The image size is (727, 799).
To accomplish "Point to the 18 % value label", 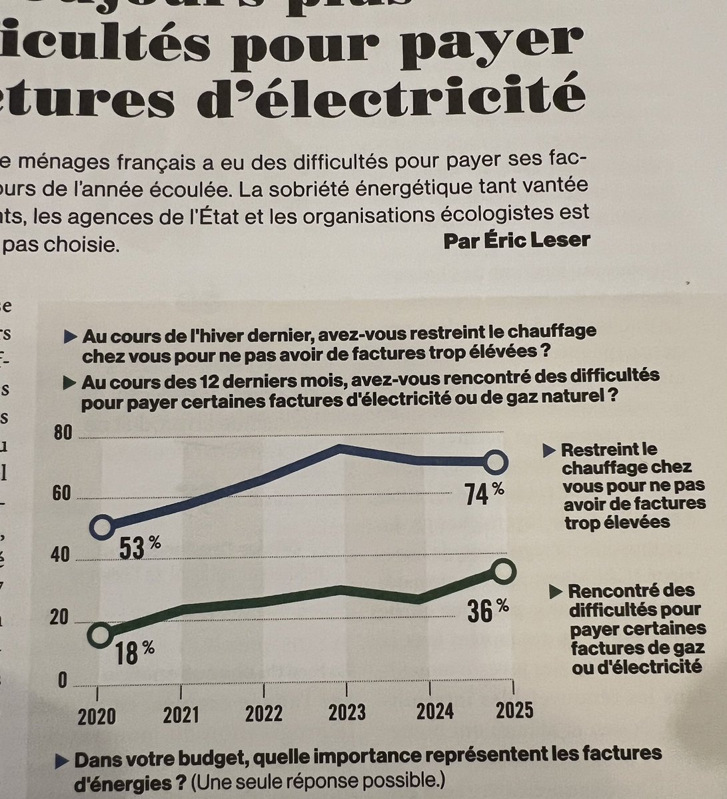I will click(x=132, y=651).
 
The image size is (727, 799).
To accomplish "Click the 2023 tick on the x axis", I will click(x=347, y=712).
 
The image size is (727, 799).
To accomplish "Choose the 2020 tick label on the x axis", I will click(x=97, y=716).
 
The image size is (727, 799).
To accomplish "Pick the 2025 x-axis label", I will click(x=514, y=710).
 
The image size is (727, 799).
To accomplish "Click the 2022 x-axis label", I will click(x=264, y=713).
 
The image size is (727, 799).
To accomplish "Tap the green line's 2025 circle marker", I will click(x=504, y=570).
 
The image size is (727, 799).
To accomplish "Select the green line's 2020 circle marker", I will click(x=100, y=634).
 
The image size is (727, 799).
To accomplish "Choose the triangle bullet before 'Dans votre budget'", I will click(x=63, y=759).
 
